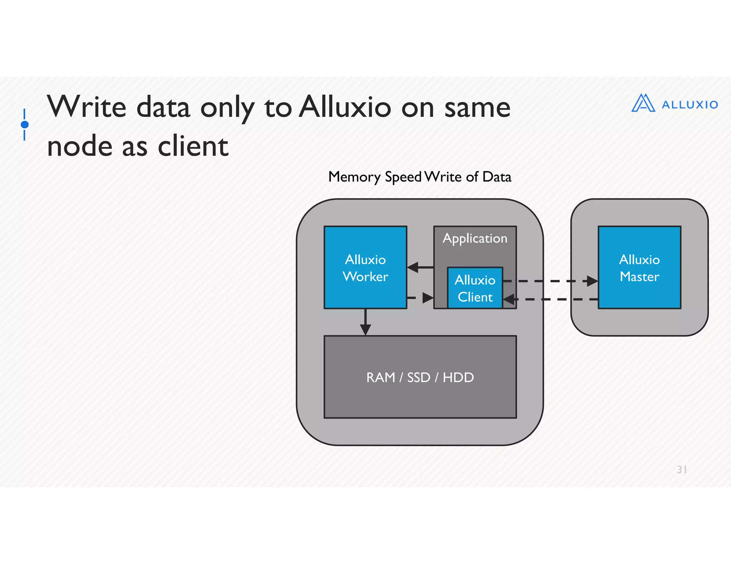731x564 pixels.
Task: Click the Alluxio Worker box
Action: [x=365, y=267]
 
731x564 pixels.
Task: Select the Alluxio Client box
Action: [x=475, y=288]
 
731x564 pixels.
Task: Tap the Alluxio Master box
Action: [x=639, y=267]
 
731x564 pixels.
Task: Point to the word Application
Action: [x=475, y=238]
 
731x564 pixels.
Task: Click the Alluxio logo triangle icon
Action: [x=643, y=103]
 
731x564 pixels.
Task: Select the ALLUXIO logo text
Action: [x=690, y=105]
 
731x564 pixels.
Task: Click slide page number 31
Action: [x=682, y=470]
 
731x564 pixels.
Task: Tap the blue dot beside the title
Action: [x=25, y=124]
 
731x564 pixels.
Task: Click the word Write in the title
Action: [x=87, y=107]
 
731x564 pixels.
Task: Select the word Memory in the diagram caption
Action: [x=354, y=177]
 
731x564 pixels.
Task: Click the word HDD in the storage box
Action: [x=458, y=377]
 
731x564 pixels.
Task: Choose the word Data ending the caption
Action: [x=496, y=177]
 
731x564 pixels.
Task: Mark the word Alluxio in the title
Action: [x=345, y=107]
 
